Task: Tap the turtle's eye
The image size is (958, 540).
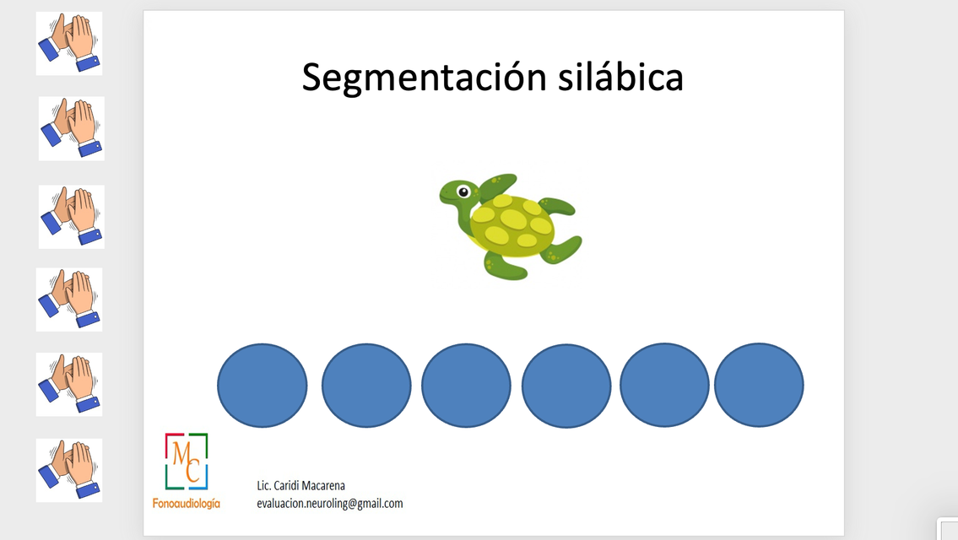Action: (x=463, y=192)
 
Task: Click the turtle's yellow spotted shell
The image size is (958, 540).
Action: (x=512, y=223)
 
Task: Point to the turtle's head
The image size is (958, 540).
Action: (x=458, y=193)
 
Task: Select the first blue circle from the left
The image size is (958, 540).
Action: (x=263, y=386)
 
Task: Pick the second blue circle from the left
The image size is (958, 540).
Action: (x=366, y=386)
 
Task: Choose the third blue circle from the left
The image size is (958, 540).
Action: (x=466, y=386)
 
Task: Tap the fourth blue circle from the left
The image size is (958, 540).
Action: (x=566, y=386)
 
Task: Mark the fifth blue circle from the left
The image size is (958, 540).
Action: (x=665, y=385)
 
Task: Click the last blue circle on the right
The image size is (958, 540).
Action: (x=759, y=385)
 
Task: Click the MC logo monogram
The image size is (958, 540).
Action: (x=187, y=462)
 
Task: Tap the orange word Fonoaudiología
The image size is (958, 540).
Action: (x=187, y=504)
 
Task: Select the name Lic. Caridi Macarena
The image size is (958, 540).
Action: (x=300, y=486)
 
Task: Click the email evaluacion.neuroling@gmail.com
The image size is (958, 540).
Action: (x=330, y=504)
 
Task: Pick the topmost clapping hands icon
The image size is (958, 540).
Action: (x=69, y=43)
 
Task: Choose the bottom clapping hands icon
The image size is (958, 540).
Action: (x=69, y=470)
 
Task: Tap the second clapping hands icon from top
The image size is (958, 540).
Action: (x=72, y=129)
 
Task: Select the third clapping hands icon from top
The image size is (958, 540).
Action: (x=72, y=217)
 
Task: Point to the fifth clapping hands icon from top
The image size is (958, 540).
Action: (x=69, y=384)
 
